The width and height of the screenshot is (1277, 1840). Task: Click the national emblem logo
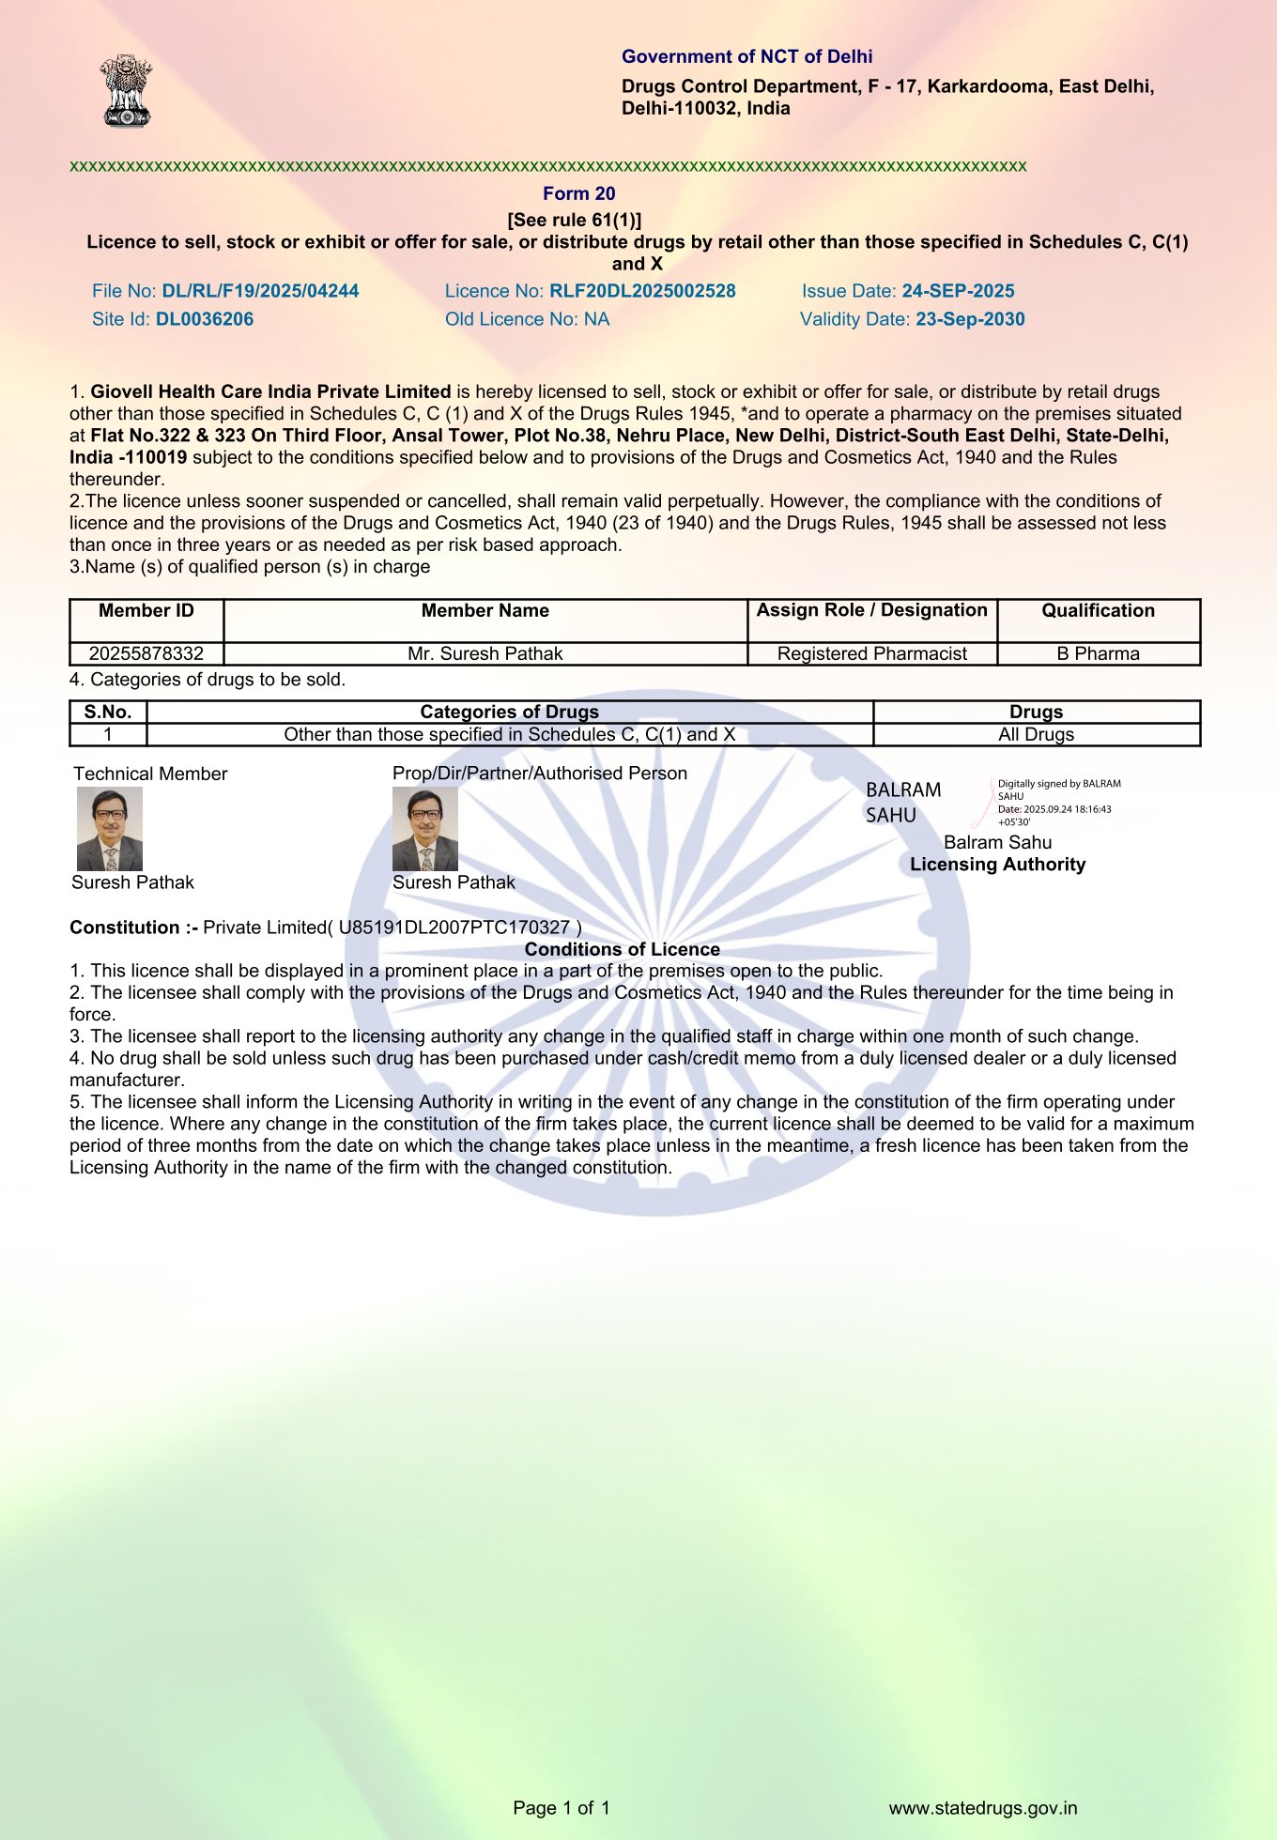point(127,90)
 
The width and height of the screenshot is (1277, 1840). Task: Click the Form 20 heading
point(578,193)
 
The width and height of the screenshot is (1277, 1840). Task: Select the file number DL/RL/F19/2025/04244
point(260,291)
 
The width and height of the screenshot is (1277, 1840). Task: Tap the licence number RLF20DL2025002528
point(642,291)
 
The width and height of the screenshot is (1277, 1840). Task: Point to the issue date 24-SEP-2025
point(958,291)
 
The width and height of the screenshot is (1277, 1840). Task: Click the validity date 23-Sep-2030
point(970,319)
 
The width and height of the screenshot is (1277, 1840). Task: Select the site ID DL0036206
point(205,319)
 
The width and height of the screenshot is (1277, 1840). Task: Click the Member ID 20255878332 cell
point(146,653)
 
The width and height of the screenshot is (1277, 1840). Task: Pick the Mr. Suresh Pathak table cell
point(485,653)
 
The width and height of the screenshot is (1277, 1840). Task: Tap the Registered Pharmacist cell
point(871,653)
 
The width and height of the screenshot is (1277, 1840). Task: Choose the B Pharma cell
point(1098,653)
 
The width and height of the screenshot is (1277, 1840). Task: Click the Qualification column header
point(1098,611)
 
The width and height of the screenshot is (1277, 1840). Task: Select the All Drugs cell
point(1036,734)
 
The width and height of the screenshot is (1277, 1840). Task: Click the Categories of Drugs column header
point(509,712)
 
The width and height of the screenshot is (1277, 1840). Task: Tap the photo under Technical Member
point(110,829)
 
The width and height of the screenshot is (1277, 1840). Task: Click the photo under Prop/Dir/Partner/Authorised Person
point(425,829)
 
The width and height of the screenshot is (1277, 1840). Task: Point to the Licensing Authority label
point(997,865)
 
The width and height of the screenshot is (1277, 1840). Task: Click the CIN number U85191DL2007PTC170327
point(454,928)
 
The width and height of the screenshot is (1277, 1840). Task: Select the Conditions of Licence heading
point(622,949)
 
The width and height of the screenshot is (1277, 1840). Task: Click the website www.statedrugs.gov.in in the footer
point(982,1808)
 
